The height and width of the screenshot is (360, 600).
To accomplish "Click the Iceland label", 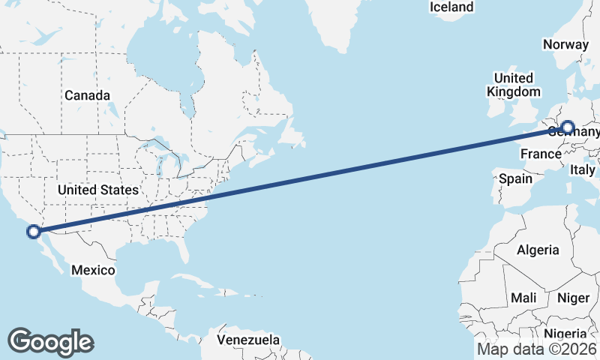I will click(451, 7).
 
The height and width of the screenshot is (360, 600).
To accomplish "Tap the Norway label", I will click(567, 44).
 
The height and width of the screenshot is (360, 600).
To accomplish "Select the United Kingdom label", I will click(513, 85).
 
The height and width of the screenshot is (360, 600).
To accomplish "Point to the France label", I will click(541, 154).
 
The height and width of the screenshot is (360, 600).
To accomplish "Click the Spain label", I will click(515, 178).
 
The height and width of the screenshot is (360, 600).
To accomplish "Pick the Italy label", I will click(582, 170).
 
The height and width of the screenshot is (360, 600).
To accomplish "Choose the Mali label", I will click(523, 298).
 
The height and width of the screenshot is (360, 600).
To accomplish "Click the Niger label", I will click(574, 298).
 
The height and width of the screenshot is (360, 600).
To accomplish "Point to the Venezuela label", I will click(248, 339).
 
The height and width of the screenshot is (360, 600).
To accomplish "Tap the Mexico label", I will click(93, 269).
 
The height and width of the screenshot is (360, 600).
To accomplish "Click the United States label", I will click(98, 190).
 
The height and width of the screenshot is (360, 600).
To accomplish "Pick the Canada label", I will click(87, 95).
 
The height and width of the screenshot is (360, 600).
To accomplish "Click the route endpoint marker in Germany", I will click(567, 127).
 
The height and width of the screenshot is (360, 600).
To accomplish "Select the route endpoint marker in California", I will click(33, 231).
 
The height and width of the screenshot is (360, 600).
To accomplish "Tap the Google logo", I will click(50, 341).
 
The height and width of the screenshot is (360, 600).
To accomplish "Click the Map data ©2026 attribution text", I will click(536, 349).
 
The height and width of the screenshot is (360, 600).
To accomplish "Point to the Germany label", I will click(577, 133).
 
